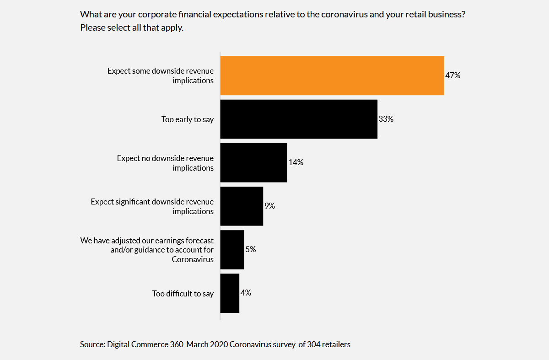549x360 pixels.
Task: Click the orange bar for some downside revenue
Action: click(x=332, y=75)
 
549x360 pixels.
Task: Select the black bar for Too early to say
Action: click(x=298, y=119)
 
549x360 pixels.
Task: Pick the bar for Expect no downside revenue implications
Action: click(x=253, y=162)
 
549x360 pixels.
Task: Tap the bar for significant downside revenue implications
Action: click(x=242, y=206)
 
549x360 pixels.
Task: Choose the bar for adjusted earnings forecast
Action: click(x=232, y=249)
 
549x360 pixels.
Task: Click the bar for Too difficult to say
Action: click(x=230, y=293)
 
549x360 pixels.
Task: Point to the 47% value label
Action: click(x=452, y=75)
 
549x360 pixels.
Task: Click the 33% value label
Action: click(x=386, y=119)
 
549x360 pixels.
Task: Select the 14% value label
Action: click(x=296, y=162)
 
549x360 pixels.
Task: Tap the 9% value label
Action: click(x=269, y=206)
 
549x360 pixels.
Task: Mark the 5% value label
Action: click(x=250, y=249)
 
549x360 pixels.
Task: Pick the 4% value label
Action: click(x=246, y=293)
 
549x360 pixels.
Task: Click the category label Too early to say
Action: click(x=188, y=119)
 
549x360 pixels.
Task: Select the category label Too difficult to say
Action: click(x=183, y=294)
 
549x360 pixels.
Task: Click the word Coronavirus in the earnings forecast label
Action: click(x=193, y=259)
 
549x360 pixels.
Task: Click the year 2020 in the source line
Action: click(x=219, y=344)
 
